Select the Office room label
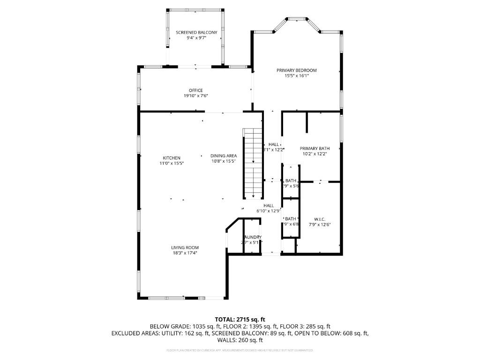(195, 90)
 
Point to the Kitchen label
(171, 158)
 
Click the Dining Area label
(223, 156)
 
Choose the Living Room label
(185, 247)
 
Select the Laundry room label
(253, 237)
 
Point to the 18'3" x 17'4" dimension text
(185, 253)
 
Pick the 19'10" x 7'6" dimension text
(195, 96)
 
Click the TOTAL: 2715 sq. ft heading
(240, 319)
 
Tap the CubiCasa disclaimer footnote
(240, 350)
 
